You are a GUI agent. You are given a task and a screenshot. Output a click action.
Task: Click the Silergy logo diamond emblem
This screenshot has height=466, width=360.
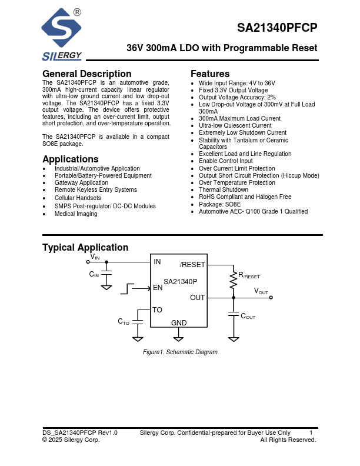[61, 29]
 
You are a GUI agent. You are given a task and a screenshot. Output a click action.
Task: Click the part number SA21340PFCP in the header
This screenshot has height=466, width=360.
[277, 28]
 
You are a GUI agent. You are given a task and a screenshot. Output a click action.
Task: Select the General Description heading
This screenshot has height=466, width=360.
[86, 74]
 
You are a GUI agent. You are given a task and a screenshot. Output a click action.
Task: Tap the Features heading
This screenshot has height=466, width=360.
[210, 74]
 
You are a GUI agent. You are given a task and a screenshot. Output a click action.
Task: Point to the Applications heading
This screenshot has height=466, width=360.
[70, 159]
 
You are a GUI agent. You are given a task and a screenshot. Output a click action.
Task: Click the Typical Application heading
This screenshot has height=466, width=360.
[85, 248]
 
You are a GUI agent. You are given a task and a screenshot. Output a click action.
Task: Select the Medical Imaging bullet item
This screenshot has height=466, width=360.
[76, 214]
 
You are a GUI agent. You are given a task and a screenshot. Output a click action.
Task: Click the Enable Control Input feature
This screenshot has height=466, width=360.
[225, 161]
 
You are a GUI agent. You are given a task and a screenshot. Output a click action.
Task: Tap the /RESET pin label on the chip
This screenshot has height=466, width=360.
[192, 265]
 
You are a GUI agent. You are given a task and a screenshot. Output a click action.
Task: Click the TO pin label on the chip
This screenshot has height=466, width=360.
[157, 309]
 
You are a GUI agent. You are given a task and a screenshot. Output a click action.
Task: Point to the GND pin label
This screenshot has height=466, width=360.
[179, 323]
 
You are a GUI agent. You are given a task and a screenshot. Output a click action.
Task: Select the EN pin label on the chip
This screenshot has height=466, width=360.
[158, 288]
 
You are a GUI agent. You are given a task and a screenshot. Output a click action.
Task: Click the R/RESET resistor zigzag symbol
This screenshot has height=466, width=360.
[234, 282]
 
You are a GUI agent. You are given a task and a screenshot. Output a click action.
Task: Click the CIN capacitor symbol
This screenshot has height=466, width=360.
[106, 274]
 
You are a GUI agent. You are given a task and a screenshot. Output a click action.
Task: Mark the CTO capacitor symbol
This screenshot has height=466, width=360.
[138, 321]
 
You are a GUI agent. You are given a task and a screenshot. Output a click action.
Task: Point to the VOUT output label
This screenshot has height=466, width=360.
[261, 291]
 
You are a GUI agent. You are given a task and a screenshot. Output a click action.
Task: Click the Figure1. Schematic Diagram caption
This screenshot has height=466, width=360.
[180, 352]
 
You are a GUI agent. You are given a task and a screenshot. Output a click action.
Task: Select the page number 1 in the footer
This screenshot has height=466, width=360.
[311, 432]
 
